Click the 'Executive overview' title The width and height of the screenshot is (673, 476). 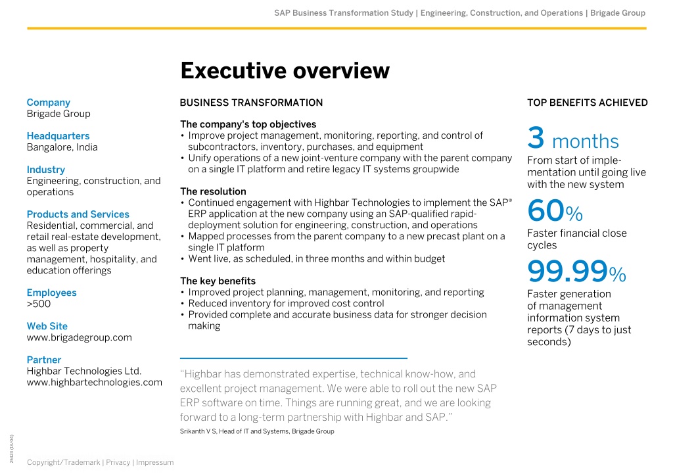point(285,71)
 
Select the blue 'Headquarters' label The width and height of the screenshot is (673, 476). point(58,136)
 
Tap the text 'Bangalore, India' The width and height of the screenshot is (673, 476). point(62,147)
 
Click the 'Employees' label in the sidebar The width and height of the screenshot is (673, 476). point(51,293)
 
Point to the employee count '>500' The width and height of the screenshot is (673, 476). point(39,304)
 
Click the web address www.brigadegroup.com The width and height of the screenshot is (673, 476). point(79,338)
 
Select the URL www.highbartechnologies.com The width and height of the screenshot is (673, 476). point(95,383)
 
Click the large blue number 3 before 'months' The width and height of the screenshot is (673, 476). point(536,138)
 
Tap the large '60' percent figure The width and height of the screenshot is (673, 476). point(546,210)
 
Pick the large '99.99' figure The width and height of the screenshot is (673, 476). point(567,272)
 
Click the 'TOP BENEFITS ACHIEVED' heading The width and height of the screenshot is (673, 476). point(587,103)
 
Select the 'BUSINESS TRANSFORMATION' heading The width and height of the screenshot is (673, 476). point(251,103)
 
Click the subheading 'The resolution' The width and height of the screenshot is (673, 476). point(214,191)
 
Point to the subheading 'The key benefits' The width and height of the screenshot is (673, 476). point(218,281)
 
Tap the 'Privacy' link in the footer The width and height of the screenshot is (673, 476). point(118,462)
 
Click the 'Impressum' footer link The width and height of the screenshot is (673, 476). point(155,462)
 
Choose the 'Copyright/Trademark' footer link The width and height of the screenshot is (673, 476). point(64,462)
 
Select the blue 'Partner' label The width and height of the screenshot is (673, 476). point(44,360)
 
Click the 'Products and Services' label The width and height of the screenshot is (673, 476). point(78,214)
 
